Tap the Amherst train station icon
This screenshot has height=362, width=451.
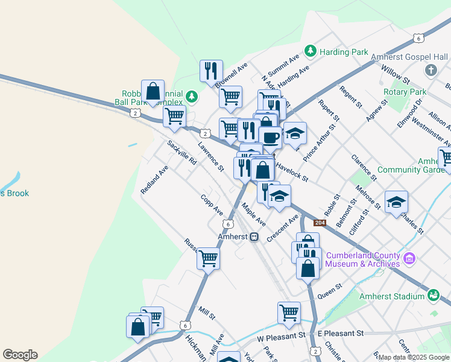(254, 237)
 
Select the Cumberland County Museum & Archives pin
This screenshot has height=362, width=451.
(410, 258)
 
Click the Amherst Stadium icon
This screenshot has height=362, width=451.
(434, 296)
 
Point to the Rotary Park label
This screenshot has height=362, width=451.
(406, 92)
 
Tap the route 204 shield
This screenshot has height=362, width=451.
(320, 223)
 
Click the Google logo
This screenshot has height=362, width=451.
(20, 355)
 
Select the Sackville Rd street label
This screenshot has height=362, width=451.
(182, 153)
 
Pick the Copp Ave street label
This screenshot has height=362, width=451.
(212, 205)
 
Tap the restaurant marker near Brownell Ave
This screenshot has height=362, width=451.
(211, 71)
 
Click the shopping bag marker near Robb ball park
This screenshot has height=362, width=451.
(153, 91)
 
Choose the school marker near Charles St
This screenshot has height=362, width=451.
(396, 202)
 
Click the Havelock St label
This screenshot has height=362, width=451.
(292, 171)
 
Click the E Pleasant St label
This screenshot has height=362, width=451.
(341, 333)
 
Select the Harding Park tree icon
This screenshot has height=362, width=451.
(311, 51)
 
